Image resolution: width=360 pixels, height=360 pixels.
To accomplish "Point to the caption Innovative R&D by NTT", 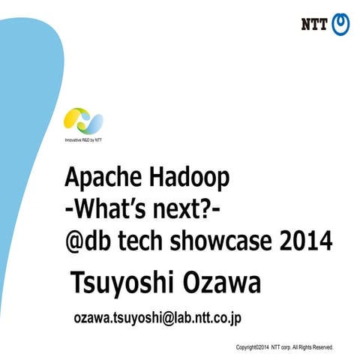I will (x=85, y=140).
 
